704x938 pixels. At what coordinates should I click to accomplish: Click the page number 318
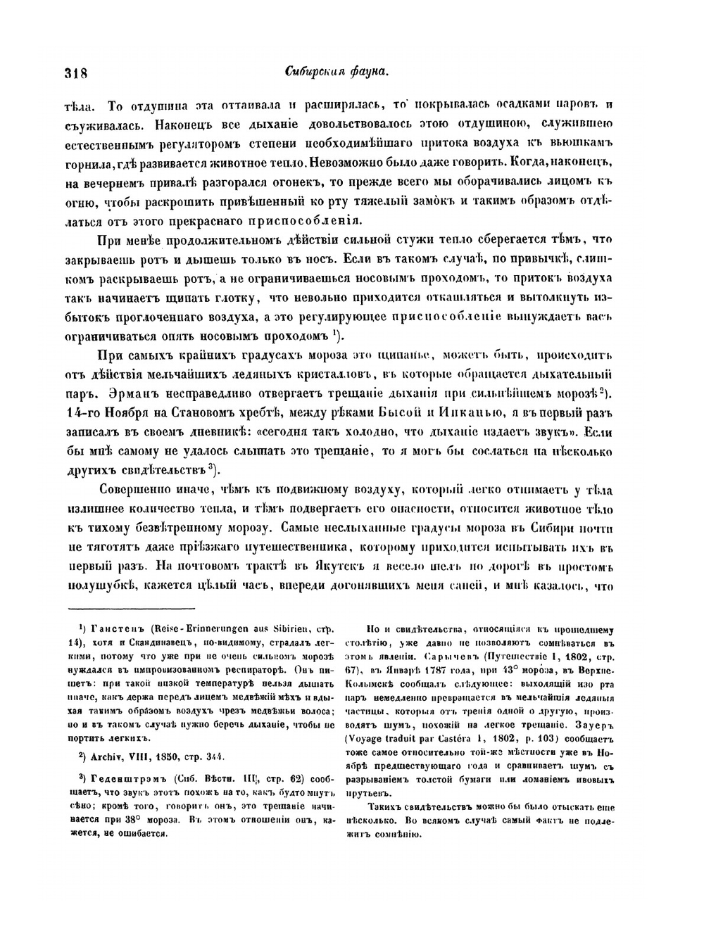click(75, 72)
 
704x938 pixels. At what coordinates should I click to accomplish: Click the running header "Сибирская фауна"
click(338, 72)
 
